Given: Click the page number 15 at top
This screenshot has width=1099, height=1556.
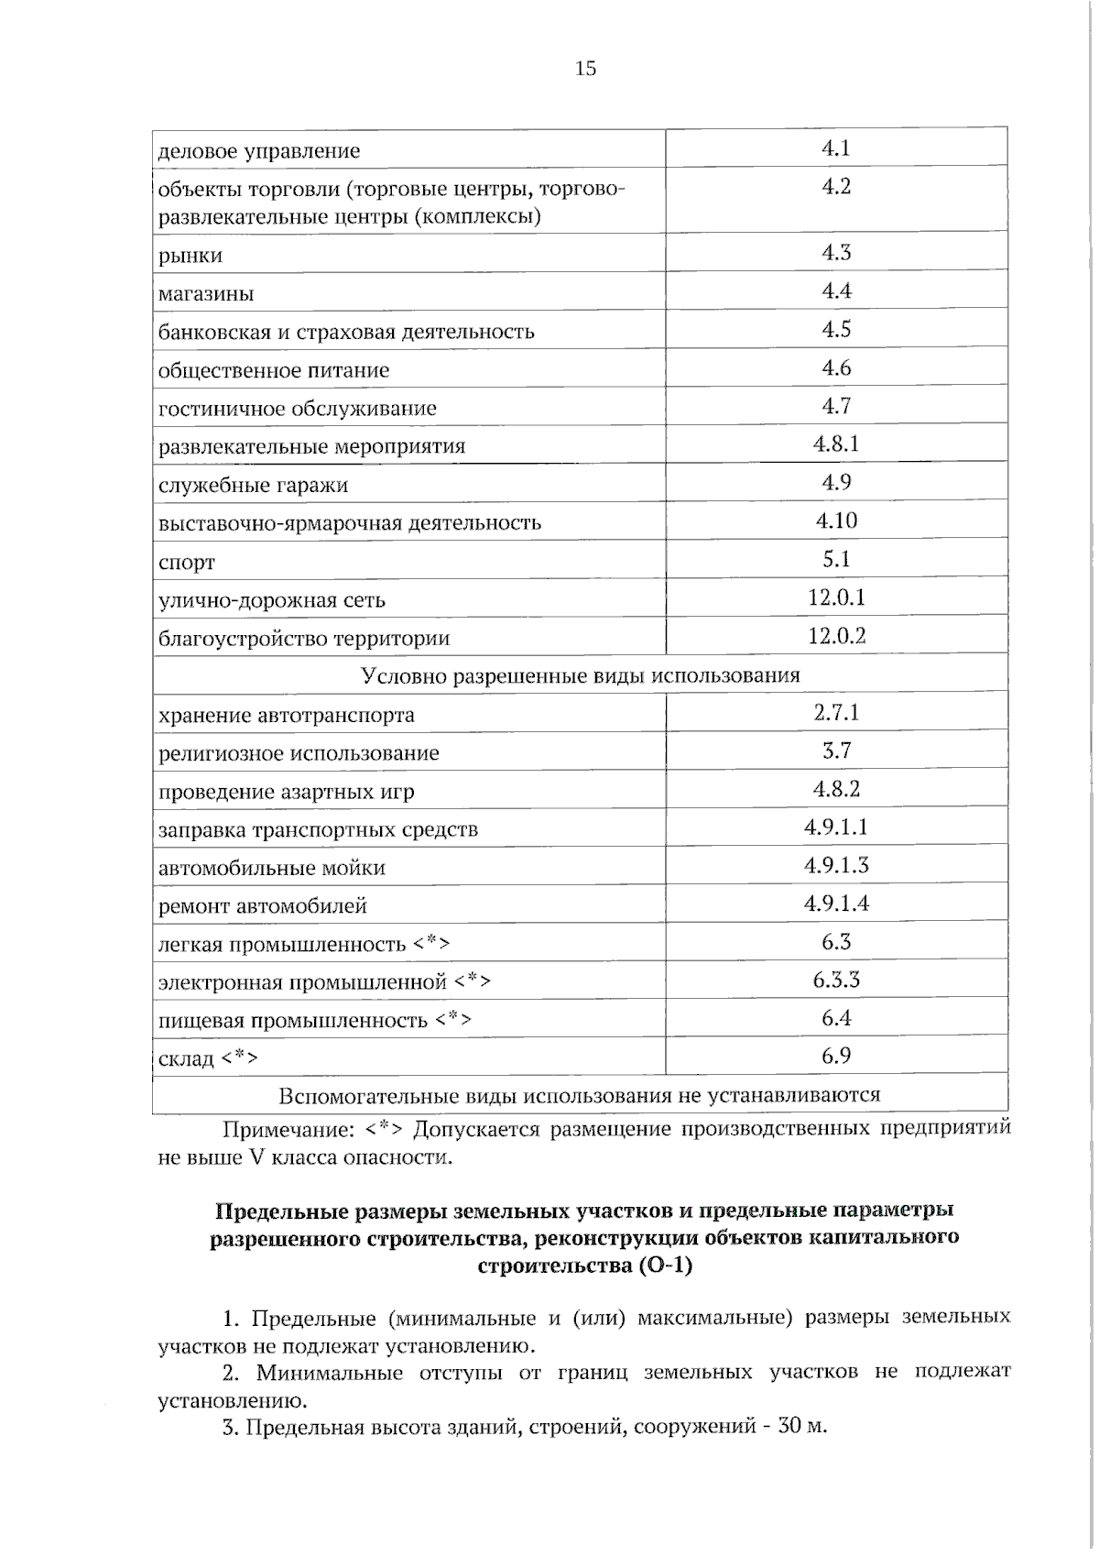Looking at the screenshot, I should (x=585, y=68).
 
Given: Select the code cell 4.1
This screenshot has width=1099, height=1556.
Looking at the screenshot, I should (x=835, y=148).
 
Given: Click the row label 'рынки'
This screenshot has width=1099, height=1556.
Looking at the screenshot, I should (x=190, y=256).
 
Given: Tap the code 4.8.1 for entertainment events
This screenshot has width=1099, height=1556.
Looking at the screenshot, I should (x=835, y=444).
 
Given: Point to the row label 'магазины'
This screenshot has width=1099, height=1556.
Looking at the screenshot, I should (x=206, y=294).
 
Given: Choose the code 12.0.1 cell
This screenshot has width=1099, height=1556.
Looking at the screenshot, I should (x=835, y=598).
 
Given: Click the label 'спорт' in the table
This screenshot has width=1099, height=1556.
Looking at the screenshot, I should (x=187, y=563).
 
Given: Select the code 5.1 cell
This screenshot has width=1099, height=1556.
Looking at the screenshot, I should (x=835, y=559).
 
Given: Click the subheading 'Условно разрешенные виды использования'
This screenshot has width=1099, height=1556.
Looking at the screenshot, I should (x=580, y=675).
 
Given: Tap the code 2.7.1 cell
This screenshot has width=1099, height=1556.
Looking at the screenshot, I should (x=835, y=713).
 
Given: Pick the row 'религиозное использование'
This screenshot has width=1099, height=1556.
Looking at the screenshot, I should (x=299, y=753).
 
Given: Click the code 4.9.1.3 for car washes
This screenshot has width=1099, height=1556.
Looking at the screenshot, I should (x=835, y=865).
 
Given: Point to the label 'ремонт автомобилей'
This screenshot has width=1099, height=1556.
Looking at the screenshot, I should (x=263, y=906).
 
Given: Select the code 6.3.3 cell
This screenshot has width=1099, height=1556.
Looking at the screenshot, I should (x=835, y=981).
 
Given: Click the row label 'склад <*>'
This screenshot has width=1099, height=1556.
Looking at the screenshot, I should (x=208, y=1058).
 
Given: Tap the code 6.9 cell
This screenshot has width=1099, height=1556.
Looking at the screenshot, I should (x=835, y=1056).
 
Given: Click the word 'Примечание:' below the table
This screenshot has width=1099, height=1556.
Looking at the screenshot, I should (x=288, y=1129).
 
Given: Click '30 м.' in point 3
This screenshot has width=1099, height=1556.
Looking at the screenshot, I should (x=802, y=1427).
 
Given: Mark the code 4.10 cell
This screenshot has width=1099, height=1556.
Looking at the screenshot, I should (x=835, y=521).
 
